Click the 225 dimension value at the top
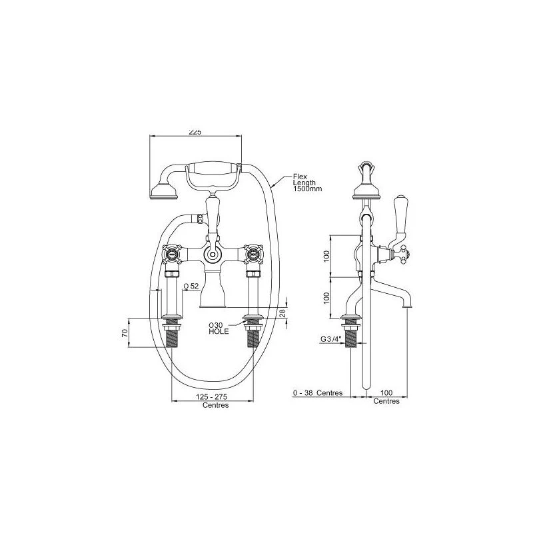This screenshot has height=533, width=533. point(195,132)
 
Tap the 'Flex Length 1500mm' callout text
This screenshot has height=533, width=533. point(307,183)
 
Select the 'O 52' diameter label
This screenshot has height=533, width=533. point(191,286)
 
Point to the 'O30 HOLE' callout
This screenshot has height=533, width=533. point(219,328)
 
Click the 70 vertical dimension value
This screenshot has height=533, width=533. point(125,333)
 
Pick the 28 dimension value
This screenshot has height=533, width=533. point(282,313)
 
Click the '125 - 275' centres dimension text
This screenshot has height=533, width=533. point(212,396)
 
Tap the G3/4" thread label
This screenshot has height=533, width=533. point(330,339)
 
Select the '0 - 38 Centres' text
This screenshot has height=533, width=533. point(318,393)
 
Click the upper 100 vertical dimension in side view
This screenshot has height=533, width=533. point(326,257)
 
